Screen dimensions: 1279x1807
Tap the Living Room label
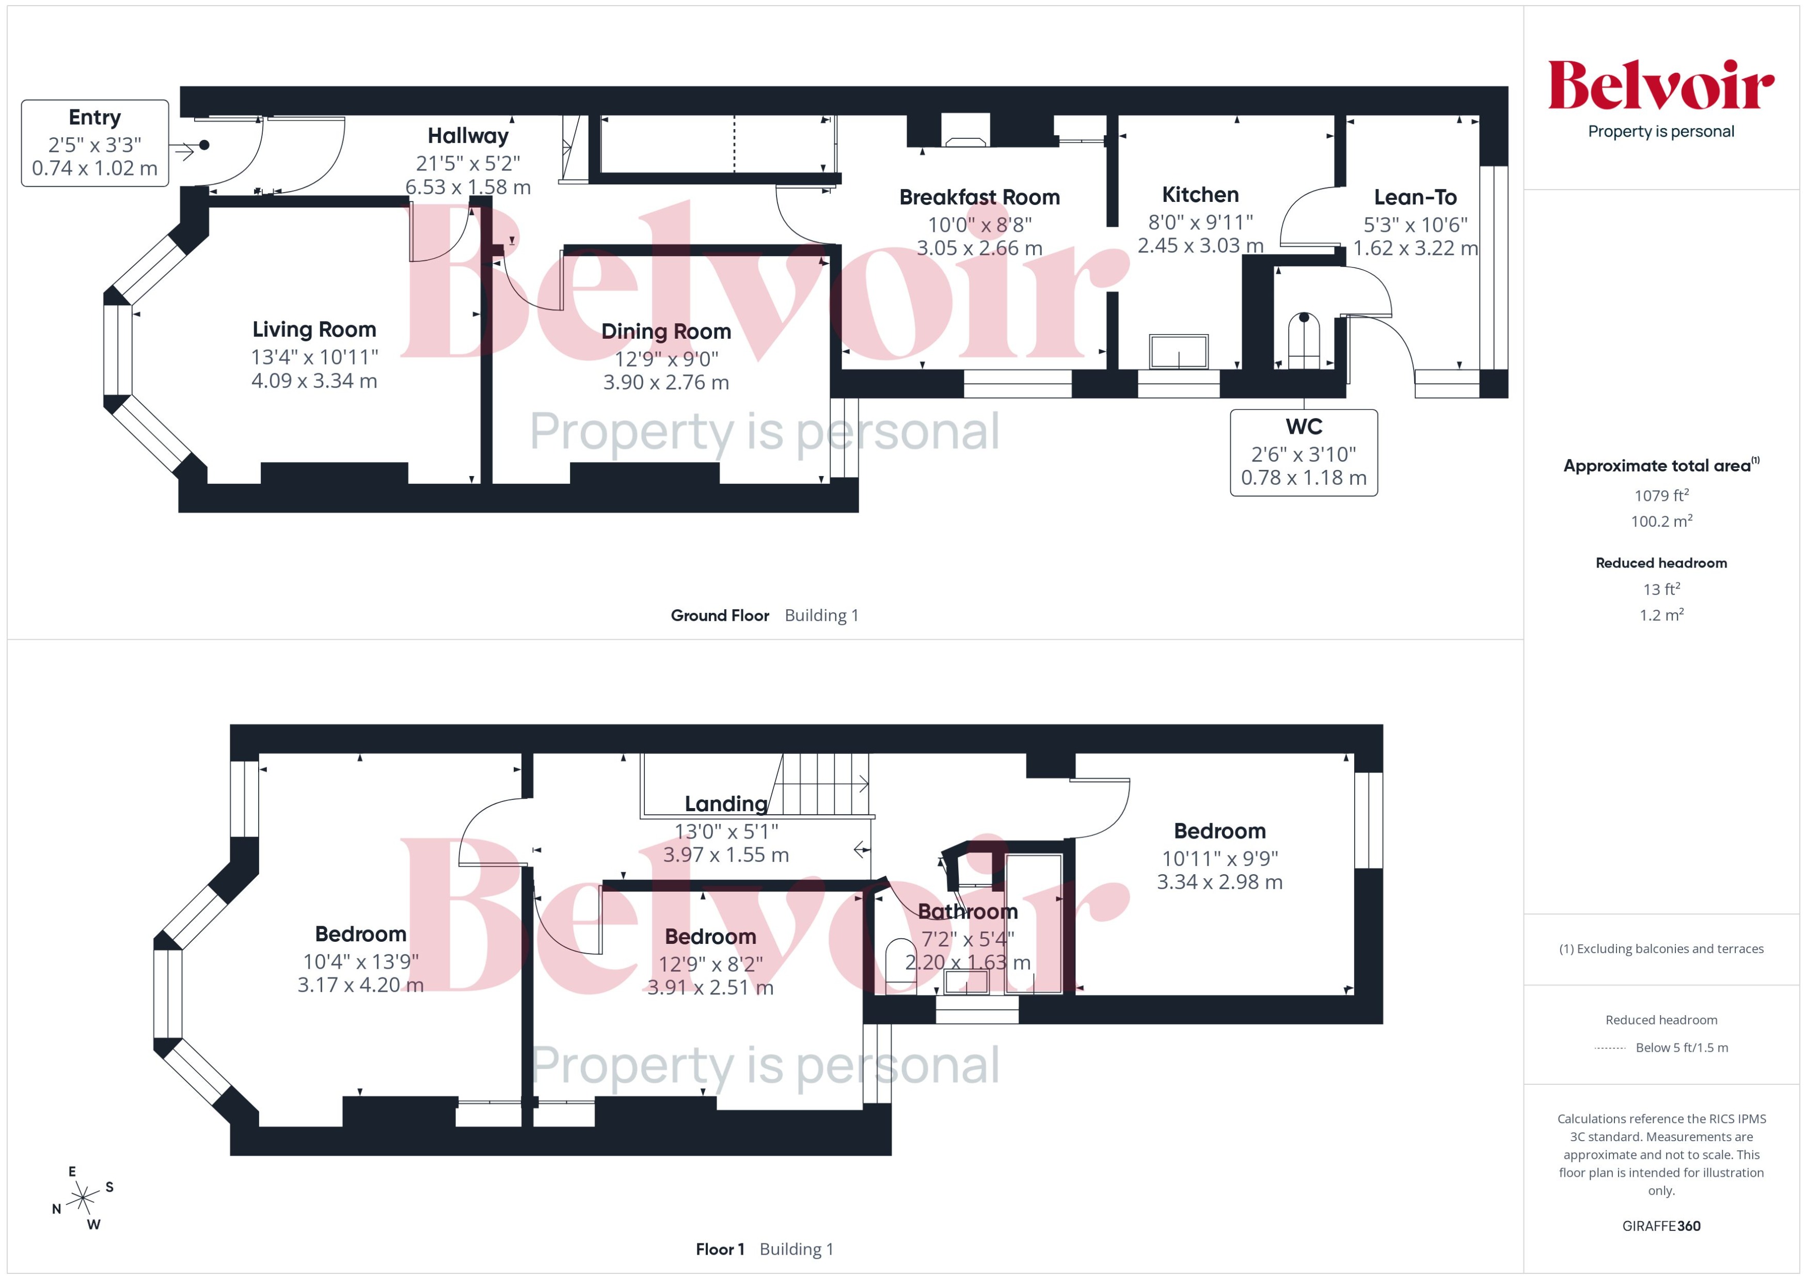click(x=314, y=329)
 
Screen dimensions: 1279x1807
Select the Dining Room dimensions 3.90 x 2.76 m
click(x=666, y=383)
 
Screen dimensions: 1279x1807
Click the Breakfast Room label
click(x=979, y=197)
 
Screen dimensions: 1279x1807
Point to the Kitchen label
click(x=1200, y=195)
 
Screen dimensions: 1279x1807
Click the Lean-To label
click(x=1415, y=197)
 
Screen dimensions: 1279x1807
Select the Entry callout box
click(x=94, y=143)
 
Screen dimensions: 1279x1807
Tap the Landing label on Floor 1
click(x=725, y=803)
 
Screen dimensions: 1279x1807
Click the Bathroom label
click(x=968, y=911)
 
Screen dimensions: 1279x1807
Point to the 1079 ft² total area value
click(x=1660, y=495)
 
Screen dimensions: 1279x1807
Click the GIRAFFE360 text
click(x=1660, y=1225)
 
